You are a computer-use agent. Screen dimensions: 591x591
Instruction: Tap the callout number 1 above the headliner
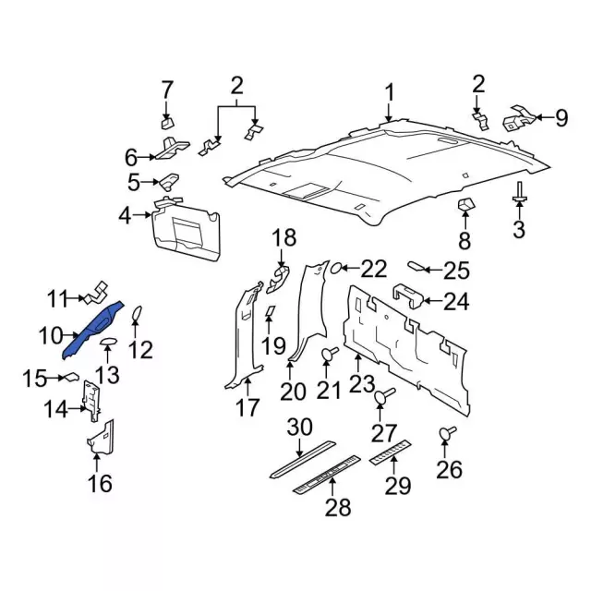click(x=389, y=92)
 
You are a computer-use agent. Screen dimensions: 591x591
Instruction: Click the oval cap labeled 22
click(x=338, y=269)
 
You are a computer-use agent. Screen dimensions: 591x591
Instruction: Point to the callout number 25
click(x=456, y=271)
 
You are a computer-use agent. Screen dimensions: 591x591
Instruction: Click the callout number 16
click(x=100, y=482)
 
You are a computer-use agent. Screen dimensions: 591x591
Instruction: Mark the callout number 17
click(x=248, y=407)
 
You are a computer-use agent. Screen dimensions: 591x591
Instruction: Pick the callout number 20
click(x=294, y=392)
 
